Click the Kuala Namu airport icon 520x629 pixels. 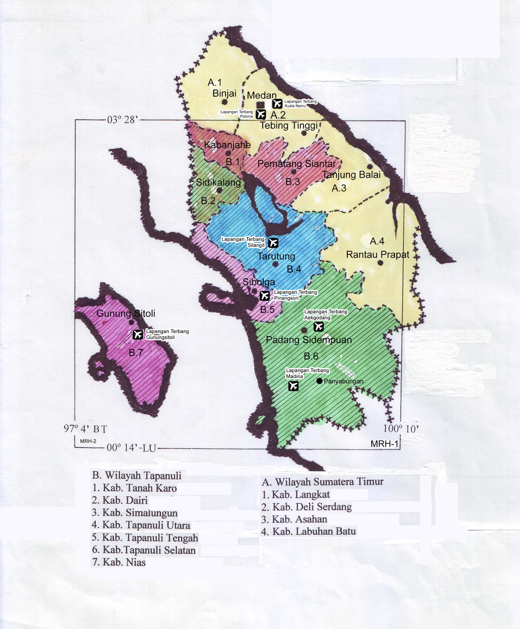[x=277, y=103]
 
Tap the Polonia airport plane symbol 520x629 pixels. [x=260, y=114]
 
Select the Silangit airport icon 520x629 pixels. [x=273, y=243]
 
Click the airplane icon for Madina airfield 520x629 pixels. [x=293, y=386]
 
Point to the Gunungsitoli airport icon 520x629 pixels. [x=137, y=335]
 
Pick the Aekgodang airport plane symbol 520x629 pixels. [x=319, y=326]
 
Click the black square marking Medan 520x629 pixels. [x=260, y=105]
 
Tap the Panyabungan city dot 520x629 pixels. [x=319, y=381]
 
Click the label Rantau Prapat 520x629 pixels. [x=377, y=255]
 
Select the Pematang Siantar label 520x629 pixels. [x=297, y=164]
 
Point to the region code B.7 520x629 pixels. [x=136, y=353]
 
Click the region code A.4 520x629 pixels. [x=377, y=241]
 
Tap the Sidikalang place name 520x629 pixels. [x=218, y=182]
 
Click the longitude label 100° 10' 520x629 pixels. [x=401, y=429]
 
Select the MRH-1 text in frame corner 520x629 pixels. [x=384, y=444]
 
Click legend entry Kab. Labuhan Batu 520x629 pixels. [x=309, y=532]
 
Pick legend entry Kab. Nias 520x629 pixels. [x=119, y=562]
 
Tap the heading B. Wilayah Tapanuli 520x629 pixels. [x=137, y=475]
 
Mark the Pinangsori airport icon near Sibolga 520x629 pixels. [x=265, y=295]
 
